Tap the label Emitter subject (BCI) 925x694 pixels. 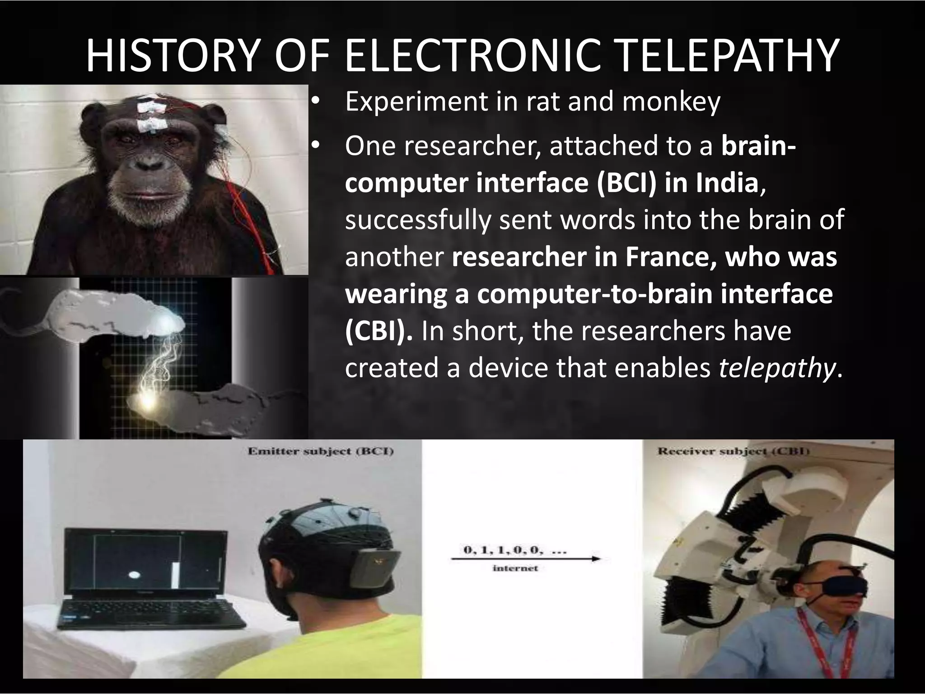point(320,451)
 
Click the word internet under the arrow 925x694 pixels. point(515,568)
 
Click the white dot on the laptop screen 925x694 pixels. point(135,575)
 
